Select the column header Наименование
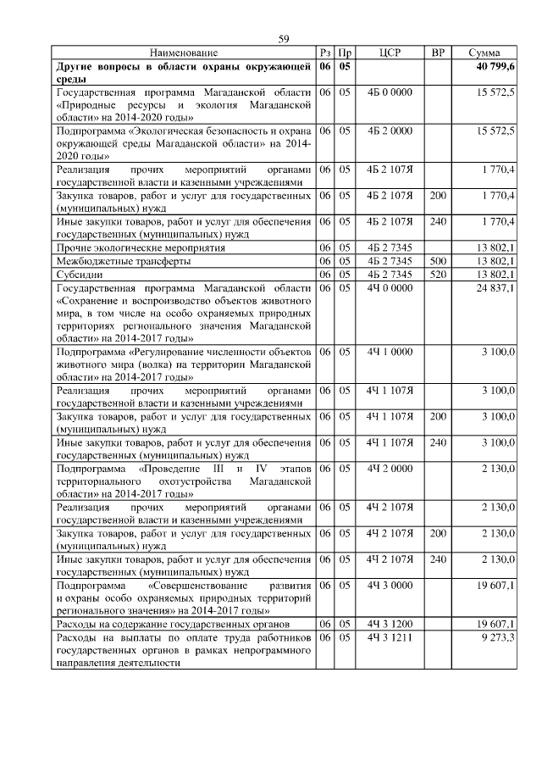point(184,53)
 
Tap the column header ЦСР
point(390,53)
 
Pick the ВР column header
point(438,53)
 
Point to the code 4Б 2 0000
point(390,131)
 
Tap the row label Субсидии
point(79,275)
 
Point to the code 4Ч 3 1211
point(390,637)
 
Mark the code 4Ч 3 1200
point(390,624)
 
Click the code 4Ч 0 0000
point(390,288)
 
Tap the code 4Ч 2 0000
point(390,468)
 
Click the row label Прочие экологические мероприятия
point(141,248)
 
